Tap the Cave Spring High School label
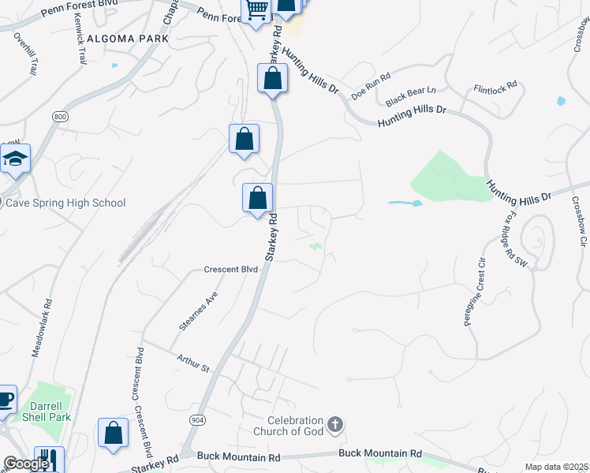65,203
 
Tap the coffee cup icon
5,399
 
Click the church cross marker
335,426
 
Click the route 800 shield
60,117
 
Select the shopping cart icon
256,10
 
